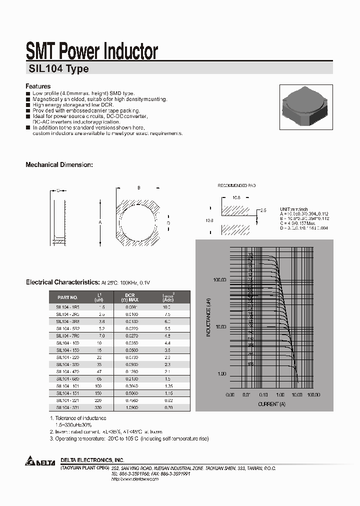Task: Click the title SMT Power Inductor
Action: pos(91,51)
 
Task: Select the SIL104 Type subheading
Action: pos(57,69)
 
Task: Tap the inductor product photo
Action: pos(302,105)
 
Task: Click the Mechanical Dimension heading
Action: pos(59,164)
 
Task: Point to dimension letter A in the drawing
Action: pos(100,222)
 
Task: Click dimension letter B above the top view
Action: pos(138,187)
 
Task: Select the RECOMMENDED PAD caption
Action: pos(236,185)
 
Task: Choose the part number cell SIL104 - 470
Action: pos(67,372)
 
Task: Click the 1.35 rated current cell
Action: pos(167,386)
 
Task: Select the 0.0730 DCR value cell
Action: pos(131,358)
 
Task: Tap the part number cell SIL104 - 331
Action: pos(67,407)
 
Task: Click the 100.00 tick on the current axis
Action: pos(313,395)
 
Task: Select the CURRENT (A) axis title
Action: pos(271,403)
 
